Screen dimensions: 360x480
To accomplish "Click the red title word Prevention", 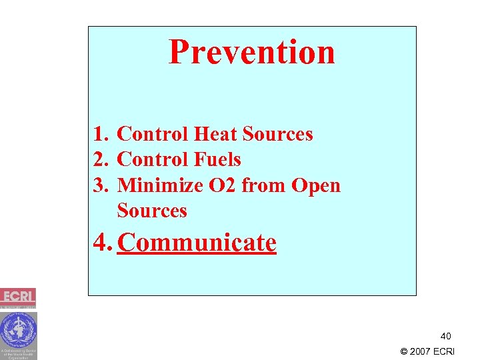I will pos(251,52).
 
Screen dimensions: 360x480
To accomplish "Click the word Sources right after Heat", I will pos(277,135).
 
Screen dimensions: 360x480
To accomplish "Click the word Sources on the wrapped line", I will pos(152,211).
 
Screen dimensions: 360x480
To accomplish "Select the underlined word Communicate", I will pos(197,243).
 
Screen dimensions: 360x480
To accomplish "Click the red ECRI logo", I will pos(18,297).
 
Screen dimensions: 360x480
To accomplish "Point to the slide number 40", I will pos(445,336).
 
